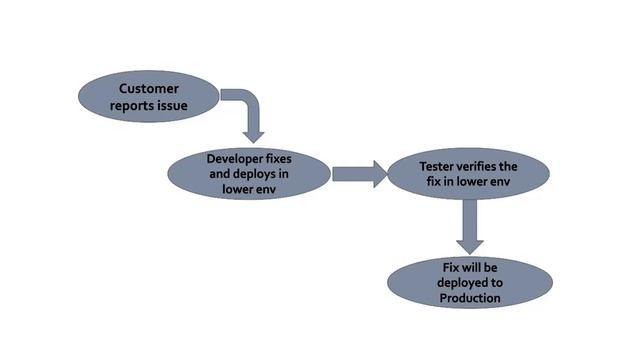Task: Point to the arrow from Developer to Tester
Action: tap(359, 175)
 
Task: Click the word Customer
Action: tap(148, 88)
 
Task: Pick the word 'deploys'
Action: tap(256, 174)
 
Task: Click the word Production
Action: tap(470, 298)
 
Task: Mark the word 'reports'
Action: tap(137, 104)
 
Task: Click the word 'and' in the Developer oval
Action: tap(223, 174)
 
